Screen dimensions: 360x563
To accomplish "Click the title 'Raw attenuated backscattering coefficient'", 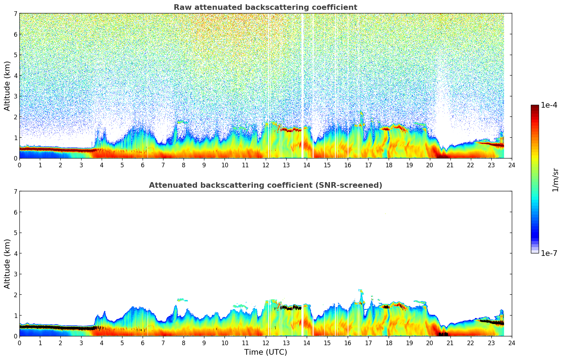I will [265, 7].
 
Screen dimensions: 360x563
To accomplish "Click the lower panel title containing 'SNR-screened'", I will [265, 185].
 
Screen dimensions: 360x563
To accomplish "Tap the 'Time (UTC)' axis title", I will [265, 352].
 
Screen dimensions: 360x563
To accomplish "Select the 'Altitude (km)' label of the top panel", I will [7, 86].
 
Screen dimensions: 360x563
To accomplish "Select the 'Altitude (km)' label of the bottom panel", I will [7, 264].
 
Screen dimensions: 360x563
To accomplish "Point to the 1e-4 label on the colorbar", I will [549, 105].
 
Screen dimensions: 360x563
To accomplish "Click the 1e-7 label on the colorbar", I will [549, 253].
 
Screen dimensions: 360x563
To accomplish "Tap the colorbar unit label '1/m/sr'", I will [555, 180].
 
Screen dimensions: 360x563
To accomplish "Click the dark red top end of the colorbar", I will [535, 107].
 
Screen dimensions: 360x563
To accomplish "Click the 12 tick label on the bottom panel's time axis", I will [265, 343].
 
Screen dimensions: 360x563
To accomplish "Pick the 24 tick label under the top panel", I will [512, 165].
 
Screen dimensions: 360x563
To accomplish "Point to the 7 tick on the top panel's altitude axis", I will [15, 13].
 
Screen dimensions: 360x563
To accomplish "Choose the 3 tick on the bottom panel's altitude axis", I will [15, 274].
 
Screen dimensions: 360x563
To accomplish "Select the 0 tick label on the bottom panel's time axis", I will [19, 343].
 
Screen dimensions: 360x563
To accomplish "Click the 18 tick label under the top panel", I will [389, 165].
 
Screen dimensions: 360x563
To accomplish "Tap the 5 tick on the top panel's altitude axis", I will [15, 55].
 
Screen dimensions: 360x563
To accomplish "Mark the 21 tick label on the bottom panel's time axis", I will [450, 343].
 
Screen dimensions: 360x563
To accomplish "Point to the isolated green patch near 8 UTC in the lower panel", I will [182, 300].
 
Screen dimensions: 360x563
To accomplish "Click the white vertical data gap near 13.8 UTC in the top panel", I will [303, 85].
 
